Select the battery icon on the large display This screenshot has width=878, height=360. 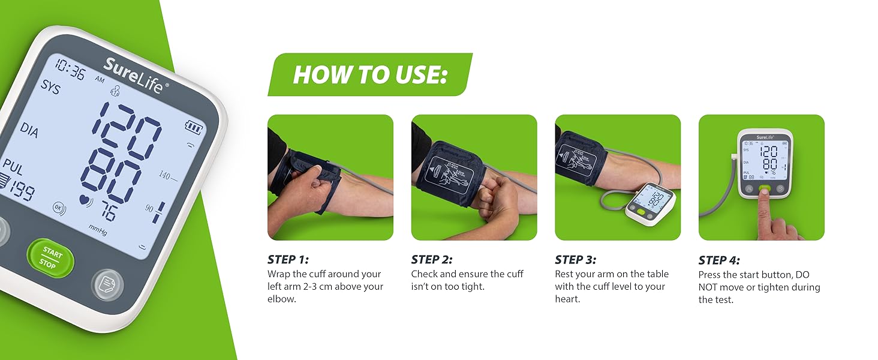click(194, 127)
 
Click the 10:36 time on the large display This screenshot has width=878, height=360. click(70, 70)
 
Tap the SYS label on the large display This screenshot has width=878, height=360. click(50, 86)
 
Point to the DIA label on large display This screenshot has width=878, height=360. click(29, 130)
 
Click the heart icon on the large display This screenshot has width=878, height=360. click(85, 200)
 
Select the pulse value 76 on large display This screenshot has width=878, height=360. click(109, 212)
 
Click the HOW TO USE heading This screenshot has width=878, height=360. click(370, 75)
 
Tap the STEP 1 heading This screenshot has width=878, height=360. click(288, 260)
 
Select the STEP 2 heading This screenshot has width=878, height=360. click(432, 260)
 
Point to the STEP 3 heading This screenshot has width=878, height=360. click(576, 260)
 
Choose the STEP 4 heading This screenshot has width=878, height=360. click(719, 260)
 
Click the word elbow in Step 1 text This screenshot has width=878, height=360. click(281, 299)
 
